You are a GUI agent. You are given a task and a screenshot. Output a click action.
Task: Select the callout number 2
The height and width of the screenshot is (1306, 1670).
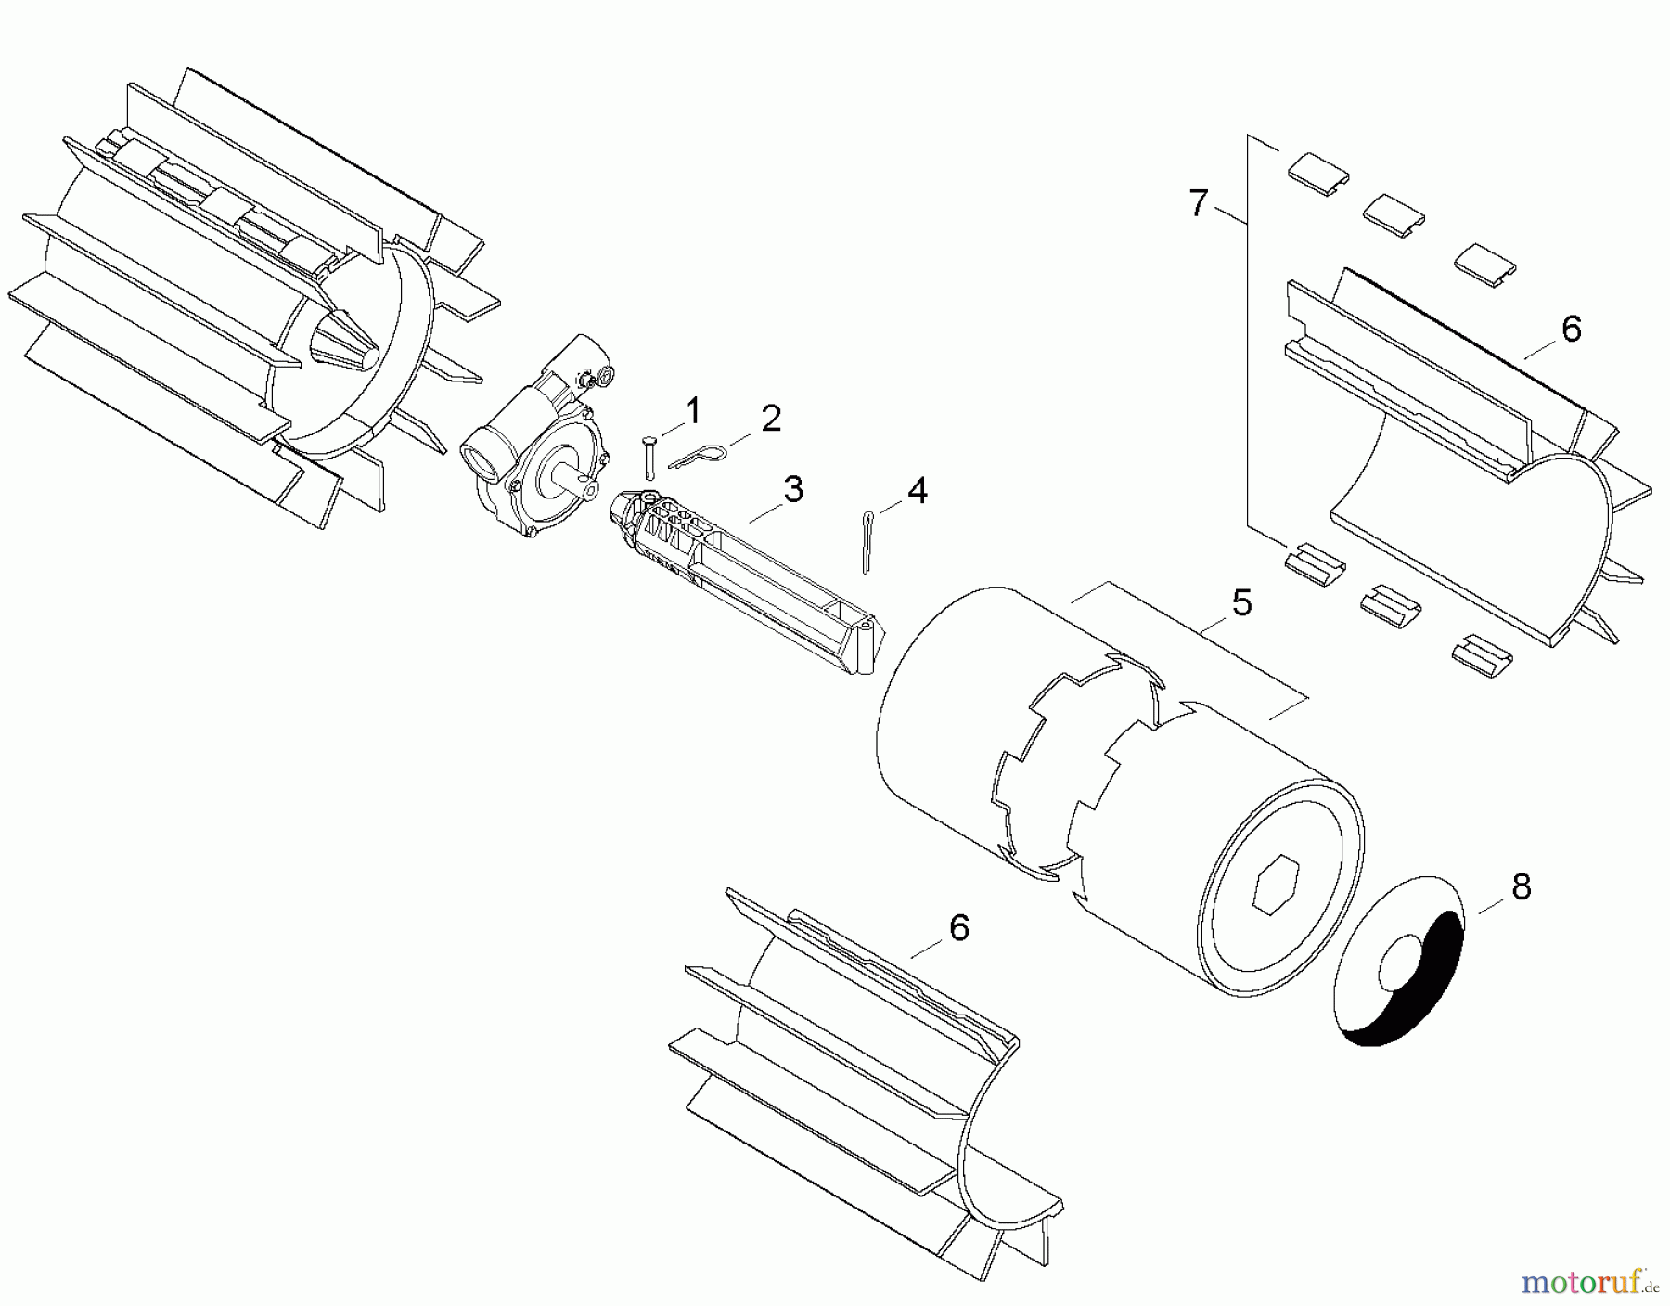(x=771, y=419)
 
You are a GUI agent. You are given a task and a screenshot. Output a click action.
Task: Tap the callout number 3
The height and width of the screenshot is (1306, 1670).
(x=792, y=489)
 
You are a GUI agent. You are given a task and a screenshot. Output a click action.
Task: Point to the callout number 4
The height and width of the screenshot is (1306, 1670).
(x=917, y=489)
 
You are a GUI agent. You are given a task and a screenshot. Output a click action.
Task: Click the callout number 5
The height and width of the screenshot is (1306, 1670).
(x=1241, y=603)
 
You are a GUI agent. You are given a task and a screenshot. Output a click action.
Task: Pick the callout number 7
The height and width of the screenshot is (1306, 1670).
(x=1199, y=202)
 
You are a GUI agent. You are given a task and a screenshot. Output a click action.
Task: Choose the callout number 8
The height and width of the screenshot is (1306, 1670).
(x=1521, y=887)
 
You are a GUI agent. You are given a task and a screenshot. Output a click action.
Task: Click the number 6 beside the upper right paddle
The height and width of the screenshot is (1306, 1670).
(x=1571, y=329)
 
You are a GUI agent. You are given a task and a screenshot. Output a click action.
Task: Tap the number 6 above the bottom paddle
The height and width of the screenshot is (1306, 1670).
(x=958, y=927)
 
